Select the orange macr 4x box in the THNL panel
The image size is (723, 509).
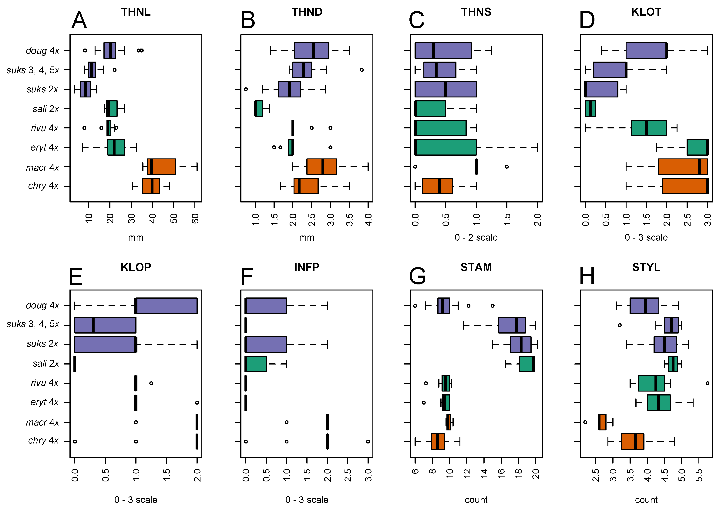[x=162, y=167]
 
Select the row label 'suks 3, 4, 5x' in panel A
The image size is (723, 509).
[x=33, y=70]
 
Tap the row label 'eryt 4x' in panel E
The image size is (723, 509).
[x=44, y=402]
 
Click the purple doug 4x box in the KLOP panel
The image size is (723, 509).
[x=166, y=306]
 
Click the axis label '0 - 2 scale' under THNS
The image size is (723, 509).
[x=476, y=237]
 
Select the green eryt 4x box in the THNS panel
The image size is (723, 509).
[x=445, y=147]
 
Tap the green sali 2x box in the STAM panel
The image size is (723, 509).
[x=527, y=364]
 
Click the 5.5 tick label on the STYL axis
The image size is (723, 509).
[x=699, y=475]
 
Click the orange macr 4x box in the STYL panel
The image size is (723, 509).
[x=602, y=422]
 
